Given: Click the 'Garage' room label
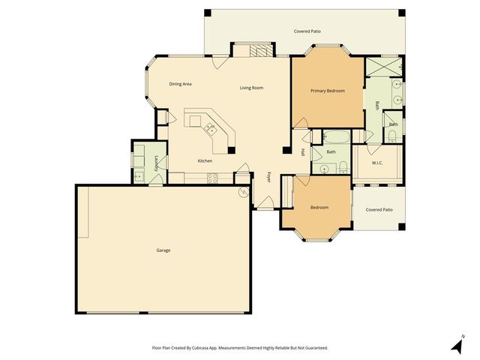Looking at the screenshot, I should (x=163, y=250).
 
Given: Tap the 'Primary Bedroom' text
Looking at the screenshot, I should (x=328, y=91).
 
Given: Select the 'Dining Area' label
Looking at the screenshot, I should (x=180, y=84).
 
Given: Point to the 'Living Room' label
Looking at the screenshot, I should (x=251, y=88).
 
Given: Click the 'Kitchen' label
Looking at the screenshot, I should (x=205, y=161).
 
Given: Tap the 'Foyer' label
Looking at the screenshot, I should (x=269, y=178).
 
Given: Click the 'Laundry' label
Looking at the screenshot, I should (x=156, y=163).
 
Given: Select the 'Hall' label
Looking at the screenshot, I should (x=302, y=152).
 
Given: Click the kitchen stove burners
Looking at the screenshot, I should (x=211, y=178).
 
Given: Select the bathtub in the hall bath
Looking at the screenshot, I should (x=332, y=137).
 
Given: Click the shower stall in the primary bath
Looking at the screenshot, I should (x=385, y=67).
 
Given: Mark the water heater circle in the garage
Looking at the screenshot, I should (x=243, y=193).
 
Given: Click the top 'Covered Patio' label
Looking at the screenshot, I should (x=308, y=32).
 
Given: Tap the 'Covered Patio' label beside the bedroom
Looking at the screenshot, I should (x=379, y=210).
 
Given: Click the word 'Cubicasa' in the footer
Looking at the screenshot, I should (x=214, y=348).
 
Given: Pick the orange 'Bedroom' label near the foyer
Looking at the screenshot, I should (x=319, y=207).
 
